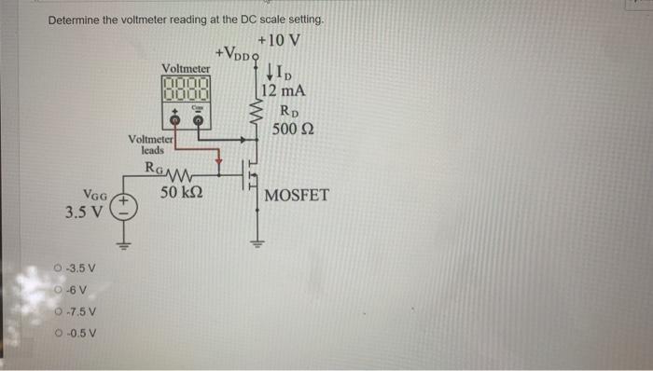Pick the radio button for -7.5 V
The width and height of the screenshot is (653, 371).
click(x=59, y=311)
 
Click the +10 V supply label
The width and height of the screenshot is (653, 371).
click(x=278, y=40)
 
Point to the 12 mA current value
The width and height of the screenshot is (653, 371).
click(x=282, y=91)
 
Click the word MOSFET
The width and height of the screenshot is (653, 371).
click(x=297, y=196)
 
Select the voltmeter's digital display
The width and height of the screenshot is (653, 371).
click(x=187, y=90)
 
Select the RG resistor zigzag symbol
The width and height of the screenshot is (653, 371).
click(x=177, y=174)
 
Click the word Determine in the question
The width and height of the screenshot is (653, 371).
click(x=76, y=20)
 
